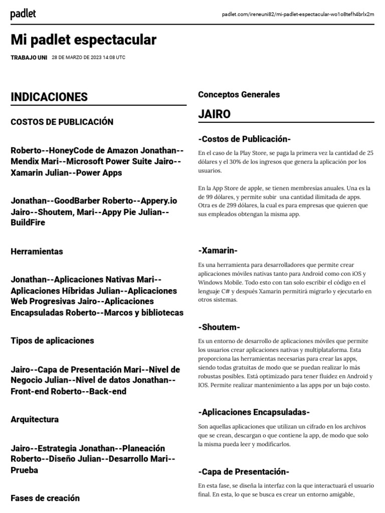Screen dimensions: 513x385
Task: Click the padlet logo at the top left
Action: (x=23, y=14)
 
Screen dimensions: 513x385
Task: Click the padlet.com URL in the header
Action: (x=298, y=14)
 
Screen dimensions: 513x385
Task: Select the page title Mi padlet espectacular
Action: (x=83, y=40)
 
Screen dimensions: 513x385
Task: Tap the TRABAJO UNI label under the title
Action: (x=29, y=58)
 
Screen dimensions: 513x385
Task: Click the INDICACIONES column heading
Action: (x=49, y=97)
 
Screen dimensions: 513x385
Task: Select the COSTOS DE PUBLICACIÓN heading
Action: (x=62, y=122)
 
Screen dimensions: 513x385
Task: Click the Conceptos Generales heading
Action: (x=239, y=94)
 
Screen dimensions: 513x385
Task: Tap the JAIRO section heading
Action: (x=214, y=114)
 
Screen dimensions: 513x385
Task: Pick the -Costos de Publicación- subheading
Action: (x=244, y=139)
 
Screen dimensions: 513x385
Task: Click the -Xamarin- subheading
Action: (x=218, y=250)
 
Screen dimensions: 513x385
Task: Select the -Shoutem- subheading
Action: (x=219, y=327)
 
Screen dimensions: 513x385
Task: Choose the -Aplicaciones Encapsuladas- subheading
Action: (x=254, y=412)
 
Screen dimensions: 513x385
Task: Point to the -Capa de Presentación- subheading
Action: (x=244, y=472)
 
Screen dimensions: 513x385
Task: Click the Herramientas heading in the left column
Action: (x=37, y=251)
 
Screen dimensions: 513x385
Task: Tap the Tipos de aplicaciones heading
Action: (x=52, y=341)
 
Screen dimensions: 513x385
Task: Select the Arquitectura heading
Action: (x=35, y=419)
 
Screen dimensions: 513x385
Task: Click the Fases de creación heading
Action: (x=45, y=498)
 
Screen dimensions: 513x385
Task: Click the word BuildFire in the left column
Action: (x=28, y=222)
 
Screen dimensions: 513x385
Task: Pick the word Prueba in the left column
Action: (x=25, y=470)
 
